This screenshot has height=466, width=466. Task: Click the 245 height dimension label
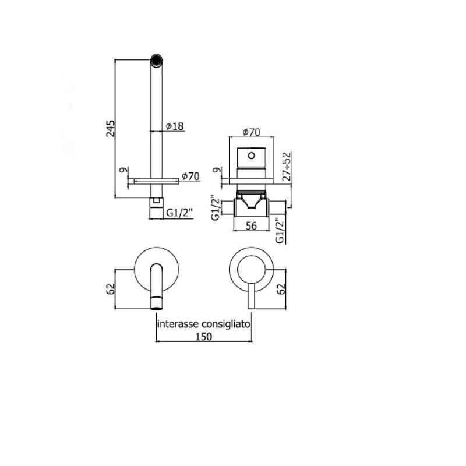pyautogui.click(x=110, y=128)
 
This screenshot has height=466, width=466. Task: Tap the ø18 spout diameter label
pyautogui.click(x=175, y=126)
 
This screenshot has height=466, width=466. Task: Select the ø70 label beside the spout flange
pyautogui.click(x=190, y=176)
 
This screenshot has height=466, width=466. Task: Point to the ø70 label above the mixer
pyautogui.click(x=251, y=132)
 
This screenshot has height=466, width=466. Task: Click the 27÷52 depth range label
pyautogui.click(x=287, y=166)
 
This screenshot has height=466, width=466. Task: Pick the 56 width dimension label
pyautogui.click(x=251, y=226)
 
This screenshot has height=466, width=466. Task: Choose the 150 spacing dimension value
pyautogui.click(x=204, y=337)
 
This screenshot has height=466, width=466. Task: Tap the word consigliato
pyautogui.click(x=226, y=324)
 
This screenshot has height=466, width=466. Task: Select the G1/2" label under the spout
pyautogui.click(x=179, y=213)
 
